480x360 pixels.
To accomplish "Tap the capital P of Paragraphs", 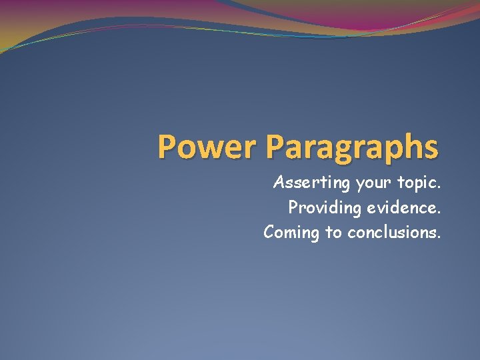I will pyautogui.click(x=275, y=147).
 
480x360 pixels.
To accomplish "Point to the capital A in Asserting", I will pyautogui.click(x=279, y=181).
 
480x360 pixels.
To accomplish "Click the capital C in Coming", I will pyautogui.click(x=269, y=231).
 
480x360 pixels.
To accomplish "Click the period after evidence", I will pyautogui.click(x=439, y=213).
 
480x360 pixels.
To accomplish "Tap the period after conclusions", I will pyautogui.click(x=439, y=237).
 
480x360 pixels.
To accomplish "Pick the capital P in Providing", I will pyautogui.click(x=293, y=207).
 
